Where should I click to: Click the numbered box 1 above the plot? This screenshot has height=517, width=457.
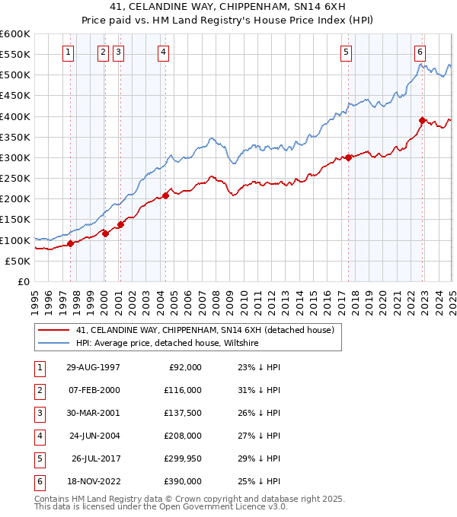(69, 52)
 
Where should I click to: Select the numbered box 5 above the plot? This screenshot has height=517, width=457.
(347, 52)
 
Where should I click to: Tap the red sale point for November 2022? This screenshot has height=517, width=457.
(422, 120)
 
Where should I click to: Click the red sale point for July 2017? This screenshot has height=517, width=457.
(348, 157)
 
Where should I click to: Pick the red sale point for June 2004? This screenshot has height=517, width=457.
(165, 195)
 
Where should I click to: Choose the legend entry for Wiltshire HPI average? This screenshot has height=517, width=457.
(167, 344)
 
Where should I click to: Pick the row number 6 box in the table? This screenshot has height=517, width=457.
(37, 481)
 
